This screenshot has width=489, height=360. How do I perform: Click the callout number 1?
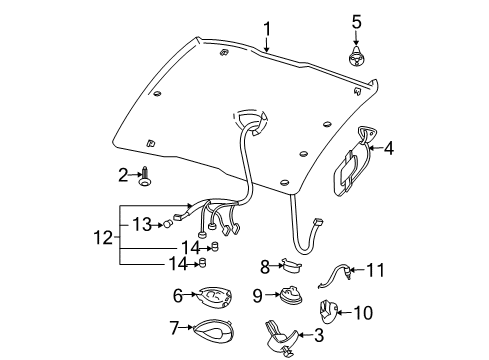(x=266, y=28)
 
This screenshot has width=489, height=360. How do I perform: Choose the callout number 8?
(x=264, y=265)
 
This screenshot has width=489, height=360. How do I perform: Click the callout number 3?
(x=320, y=336)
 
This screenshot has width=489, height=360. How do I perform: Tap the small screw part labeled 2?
(x=146, y=179)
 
